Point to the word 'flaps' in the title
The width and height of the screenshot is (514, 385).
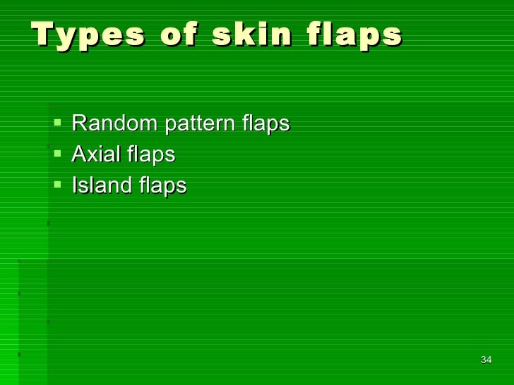click(357, 35)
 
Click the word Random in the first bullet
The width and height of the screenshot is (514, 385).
click(114, 123)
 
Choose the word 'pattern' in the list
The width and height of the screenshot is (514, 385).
click(199, 125)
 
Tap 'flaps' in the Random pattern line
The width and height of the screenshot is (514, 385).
click(265, 125)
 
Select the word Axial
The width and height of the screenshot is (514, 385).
click(95, 154)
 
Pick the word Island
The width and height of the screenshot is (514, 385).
click(100, 185)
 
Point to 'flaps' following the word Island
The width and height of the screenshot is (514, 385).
click(162, 186)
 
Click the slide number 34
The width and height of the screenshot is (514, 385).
click(485, 360)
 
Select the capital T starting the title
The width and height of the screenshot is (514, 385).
click(42, 33)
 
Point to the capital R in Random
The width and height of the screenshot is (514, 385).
click(79, 123)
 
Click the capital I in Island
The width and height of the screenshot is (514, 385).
click(75, 185)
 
